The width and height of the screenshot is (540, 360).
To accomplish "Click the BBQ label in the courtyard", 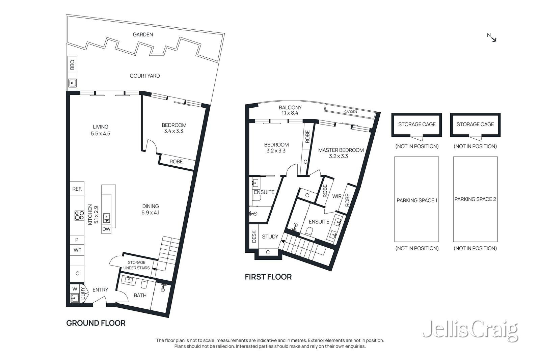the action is click(x=72, y=64).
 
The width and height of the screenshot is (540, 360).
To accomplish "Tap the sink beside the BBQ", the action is click(x=72, y=83).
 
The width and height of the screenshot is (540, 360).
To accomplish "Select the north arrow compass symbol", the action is click(x=492, y=37).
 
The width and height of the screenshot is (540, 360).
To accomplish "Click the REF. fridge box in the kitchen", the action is click(x=77, y=189).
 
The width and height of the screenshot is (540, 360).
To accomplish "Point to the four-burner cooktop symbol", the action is click(x=79, y=215).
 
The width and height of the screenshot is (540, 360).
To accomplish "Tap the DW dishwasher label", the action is click(x=106, y=229).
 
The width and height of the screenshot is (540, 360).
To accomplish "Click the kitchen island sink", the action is click(x=106, y=218).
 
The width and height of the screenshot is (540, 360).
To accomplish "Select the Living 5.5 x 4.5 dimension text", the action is click(x=101, y=134).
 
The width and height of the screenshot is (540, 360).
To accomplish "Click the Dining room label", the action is click(x=151, y=206).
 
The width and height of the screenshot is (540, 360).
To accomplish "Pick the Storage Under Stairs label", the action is click(x=136, y=265).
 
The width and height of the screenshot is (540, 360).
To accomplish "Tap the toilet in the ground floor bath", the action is click(x=144, y=284).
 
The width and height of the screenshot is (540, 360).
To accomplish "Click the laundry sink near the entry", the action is click(x=75, y=298).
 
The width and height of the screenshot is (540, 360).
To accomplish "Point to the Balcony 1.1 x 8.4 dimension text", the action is click(x=290, y=113).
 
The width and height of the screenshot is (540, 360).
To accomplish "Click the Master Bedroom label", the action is click(x=341, y=150).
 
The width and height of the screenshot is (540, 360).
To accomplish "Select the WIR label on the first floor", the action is click(x=337, y=196).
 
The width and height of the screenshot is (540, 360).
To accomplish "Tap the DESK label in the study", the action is click(x=254, y=237).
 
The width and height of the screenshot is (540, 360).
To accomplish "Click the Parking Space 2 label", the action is click(x=475, y=199).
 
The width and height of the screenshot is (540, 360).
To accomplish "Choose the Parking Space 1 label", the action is click(x=417, y=200).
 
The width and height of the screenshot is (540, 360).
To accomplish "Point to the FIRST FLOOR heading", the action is click(x=268, y=277).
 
